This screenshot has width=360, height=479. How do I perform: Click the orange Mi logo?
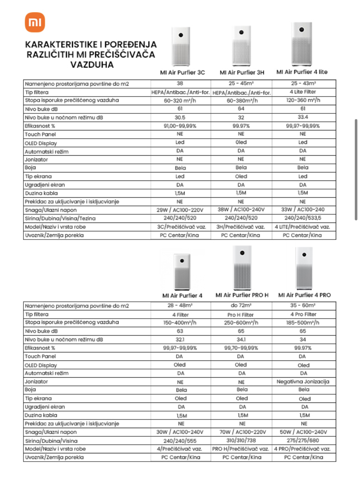point(35,22)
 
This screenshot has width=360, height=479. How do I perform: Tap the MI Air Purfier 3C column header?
point(180,73)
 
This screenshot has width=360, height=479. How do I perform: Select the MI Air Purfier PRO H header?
point(242,295)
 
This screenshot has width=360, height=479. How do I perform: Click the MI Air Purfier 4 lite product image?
point(302,44)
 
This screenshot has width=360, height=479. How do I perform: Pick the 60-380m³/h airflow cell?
point(241,100)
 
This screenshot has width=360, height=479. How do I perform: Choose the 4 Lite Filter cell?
point(303,92)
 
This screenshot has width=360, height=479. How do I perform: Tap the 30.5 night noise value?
point(180,117)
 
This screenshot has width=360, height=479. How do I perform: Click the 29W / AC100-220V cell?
point(180,210)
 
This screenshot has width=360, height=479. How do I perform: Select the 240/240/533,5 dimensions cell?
point(303,218)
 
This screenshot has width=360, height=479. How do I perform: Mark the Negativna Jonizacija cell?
point(303,382)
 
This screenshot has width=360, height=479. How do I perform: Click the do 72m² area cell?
point(242,306)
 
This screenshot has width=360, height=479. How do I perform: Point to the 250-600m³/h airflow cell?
point(242,323)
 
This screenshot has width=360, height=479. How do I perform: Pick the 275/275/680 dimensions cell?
point(304,440)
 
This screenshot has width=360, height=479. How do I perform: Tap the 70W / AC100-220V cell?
point(242,432)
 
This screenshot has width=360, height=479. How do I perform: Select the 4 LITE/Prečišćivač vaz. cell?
point(303,227)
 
